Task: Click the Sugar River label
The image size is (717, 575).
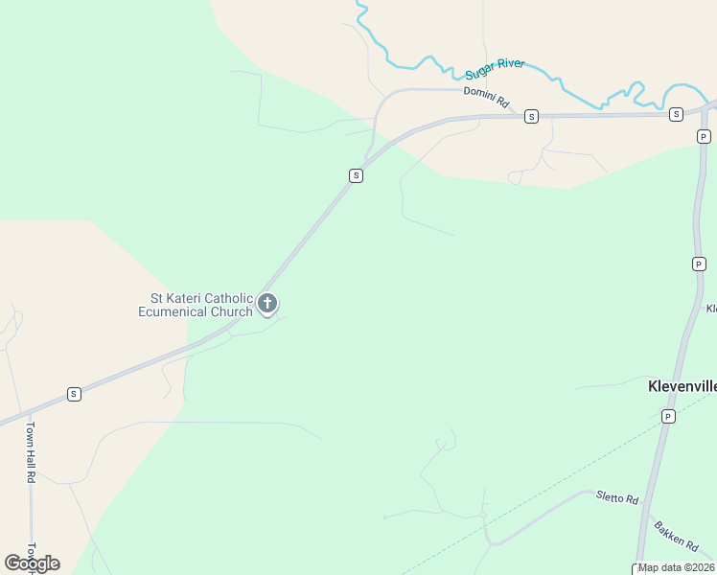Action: pos(495,69)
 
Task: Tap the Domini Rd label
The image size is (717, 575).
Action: pos(485,97)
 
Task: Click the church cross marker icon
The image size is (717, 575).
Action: pos(267,305)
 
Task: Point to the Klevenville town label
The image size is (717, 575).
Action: pos(682,387)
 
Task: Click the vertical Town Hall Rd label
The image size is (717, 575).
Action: pos(31,451)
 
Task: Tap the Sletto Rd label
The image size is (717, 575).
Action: pos(616,497)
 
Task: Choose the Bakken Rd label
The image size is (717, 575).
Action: pos(677,535)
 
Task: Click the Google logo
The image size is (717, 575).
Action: pos(32,563)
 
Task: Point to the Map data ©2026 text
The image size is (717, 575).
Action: pos(676,567)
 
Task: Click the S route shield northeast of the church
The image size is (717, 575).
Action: pos(356,175)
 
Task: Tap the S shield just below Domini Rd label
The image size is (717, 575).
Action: pos(531,116)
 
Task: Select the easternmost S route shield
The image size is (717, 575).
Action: pos(676,114)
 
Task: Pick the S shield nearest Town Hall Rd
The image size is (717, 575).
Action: pos(74,394)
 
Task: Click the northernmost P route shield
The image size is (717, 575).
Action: pos(704,137)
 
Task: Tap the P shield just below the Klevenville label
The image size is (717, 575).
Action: pos(668,416)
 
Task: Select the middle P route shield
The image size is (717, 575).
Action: pos(699,263)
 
